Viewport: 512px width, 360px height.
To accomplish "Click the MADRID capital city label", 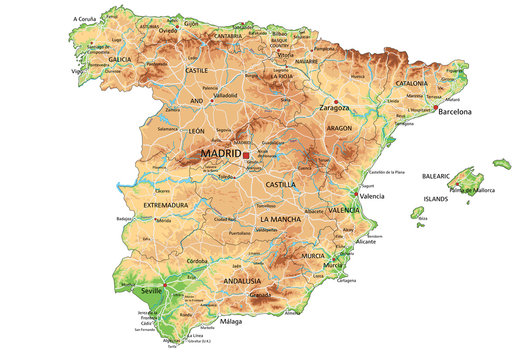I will pyautogui.click(x=221, y=154).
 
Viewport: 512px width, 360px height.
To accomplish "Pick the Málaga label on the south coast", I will pyautogui.click(x=231, y=323).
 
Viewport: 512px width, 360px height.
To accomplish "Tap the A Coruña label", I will pyautogui.click(x=88, y=19).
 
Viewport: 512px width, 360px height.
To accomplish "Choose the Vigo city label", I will pyautogui.click(x=76, y=72).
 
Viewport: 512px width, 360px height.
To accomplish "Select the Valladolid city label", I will pyautogui.click(x=226, y=98).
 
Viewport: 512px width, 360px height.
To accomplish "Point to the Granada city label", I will pyautogui.click(x=261, y=295).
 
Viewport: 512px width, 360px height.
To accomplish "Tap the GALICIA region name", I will pyautogui.click(x=125, y=59).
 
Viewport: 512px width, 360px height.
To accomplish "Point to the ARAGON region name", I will pyautogui.click(x=339, y=129).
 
